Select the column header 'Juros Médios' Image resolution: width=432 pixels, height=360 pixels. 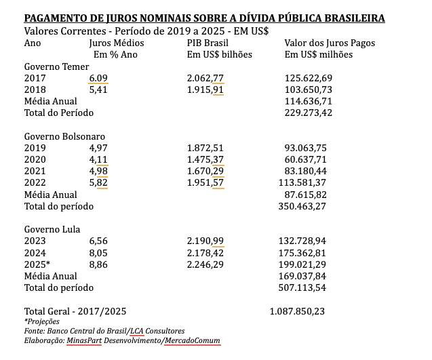[x=116, y=43]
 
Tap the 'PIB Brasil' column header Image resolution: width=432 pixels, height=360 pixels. [x=208, y=43]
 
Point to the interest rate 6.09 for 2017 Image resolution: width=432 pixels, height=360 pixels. [x=98, y=78]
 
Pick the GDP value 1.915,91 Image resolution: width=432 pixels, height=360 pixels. [x=205, y=89]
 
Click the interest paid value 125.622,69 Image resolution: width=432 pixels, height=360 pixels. [x=309, y=78]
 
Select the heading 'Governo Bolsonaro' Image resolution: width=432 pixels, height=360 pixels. [x=66, y=136]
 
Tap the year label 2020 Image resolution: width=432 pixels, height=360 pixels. [x=35, y=159]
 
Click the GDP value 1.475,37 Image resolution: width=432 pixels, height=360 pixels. [x=205, y=159]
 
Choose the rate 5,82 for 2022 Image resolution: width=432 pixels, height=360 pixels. [x=98, y=182]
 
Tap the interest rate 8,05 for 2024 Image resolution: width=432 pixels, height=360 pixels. [x=98, y=253]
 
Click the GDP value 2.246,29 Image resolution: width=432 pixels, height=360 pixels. [x=205, y=264]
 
